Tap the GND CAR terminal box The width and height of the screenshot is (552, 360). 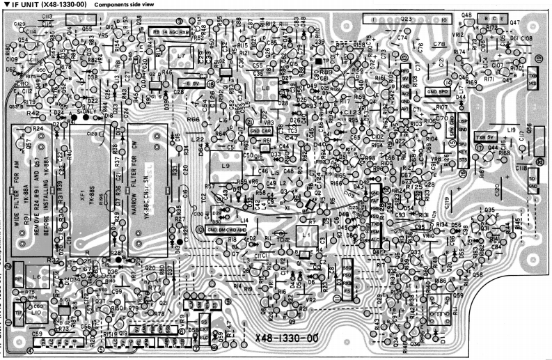click(260, 130)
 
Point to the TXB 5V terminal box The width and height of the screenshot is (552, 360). click(485, 136)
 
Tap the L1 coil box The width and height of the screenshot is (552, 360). click(307, 237)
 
